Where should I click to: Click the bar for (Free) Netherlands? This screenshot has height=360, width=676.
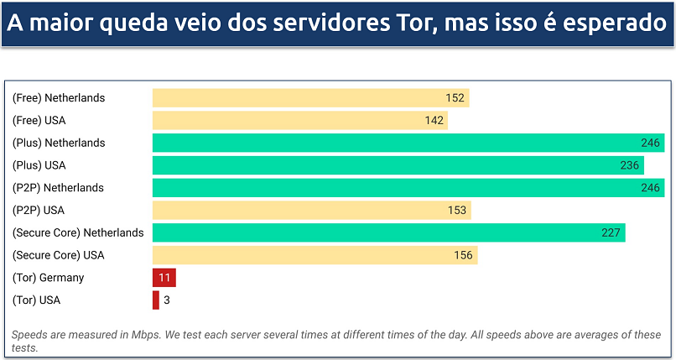(310, 98)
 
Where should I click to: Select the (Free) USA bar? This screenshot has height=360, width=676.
(299, 121)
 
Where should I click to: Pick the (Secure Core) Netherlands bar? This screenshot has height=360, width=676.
(388, 232)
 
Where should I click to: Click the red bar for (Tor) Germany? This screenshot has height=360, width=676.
(164, 278)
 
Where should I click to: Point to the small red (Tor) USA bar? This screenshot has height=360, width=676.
(155, 300)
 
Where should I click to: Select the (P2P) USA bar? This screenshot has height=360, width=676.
(311, 211)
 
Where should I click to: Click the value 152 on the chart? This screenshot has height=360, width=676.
(455, 98)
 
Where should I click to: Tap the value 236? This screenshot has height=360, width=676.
(630, 165)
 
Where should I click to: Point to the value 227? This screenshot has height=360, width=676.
(611, 232)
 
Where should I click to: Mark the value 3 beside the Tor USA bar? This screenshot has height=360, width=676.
(167, 300)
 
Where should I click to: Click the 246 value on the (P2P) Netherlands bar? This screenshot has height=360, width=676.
(650, 188)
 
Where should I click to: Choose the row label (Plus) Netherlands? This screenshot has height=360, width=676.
(58, 143)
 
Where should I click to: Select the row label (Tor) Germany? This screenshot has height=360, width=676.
(48, 278)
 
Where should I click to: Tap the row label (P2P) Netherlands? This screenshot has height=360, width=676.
(58, 188)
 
